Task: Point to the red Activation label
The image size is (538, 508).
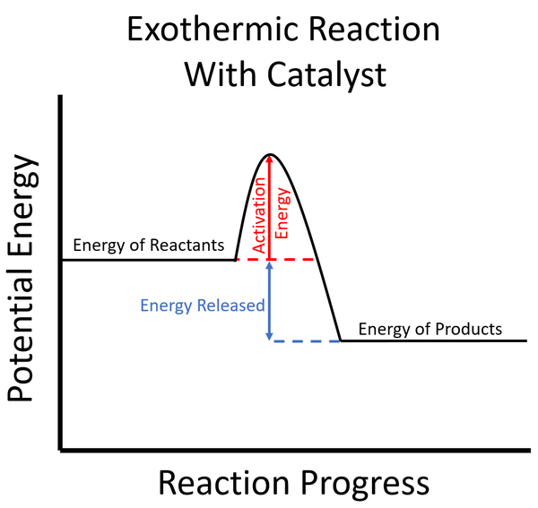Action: click(259, 215)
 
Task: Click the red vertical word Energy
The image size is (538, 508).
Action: click(282, 211)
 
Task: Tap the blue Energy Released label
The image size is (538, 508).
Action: click(203, 306)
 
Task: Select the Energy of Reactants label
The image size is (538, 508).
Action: click(148, 245)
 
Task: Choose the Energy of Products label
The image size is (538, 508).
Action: click(430, 329)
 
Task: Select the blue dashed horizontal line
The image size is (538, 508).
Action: click(305, 341)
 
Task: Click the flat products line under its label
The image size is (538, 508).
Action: click(430, 341)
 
